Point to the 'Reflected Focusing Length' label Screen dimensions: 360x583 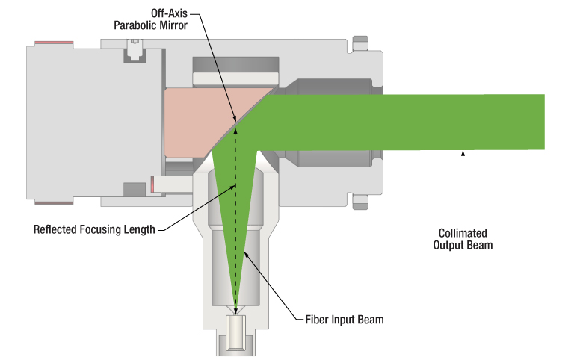[94, 229]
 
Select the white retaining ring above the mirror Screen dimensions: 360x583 [235, 78]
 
